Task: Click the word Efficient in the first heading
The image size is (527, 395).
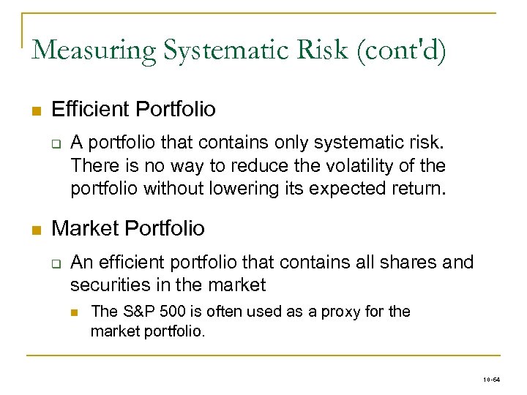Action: tap(91, 110)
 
